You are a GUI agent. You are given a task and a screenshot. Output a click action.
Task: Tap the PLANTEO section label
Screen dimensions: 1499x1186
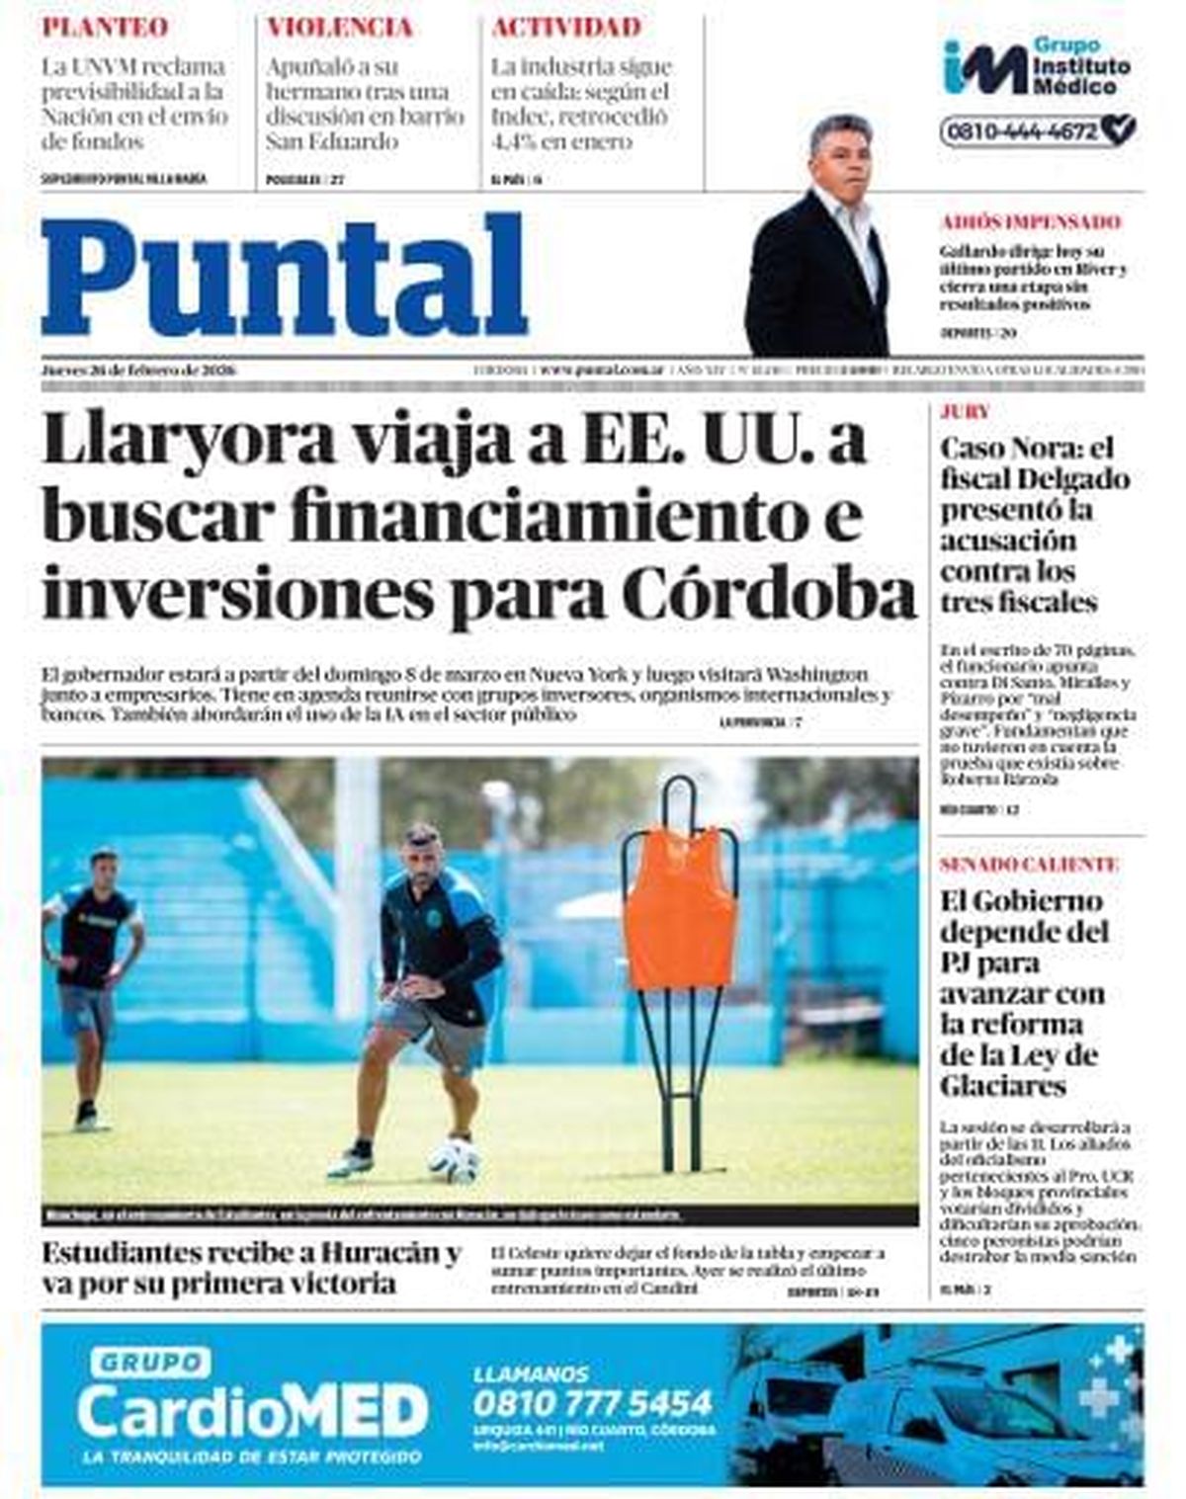click(105, 28)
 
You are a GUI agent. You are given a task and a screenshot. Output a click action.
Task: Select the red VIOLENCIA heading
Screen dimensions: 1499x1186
click(339, 28)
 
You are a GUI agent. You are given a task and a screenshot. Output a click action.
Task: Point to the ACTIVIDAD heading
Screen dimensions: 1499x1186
click(566, 28)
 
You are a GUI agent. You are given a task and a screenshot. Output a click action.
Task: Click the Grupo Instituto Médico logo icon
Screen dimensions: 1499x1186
click(983, 67)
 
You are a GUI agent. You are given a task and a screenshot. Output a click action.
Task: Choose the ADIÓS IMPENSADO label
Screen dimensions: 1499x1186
click(1031, 222)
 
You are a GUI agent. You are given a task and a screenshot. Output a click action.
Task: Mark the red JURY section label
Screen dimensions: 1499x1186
click(965, 412)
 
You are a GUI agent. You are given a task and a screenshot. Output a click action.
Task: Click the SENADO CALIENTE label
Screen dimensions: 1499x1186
click(1029, 865)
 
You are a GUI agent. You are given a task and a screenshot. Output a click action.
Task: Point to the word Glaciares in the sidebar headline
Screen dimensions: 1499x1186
click(1003, 1086)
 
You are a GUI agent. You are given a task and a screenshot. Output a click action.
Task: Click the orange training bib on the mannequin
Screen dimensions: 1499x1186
click(679, 907)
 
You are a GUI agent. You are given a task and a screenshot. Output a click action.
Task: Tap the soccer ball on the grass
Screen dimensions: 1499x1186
click(455, 1160)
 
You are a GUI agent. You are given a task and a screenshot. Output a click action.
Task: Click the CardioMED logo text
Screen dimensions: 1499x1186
click(253, 1411)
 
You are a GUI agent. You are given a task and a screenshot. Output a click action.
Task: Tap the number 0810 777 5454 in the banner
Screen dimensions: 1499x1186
click(592, 1402)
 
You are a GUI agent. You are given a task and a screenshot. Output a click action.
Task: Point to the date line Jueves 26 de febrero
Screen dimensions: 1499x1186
click(139, 370)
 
